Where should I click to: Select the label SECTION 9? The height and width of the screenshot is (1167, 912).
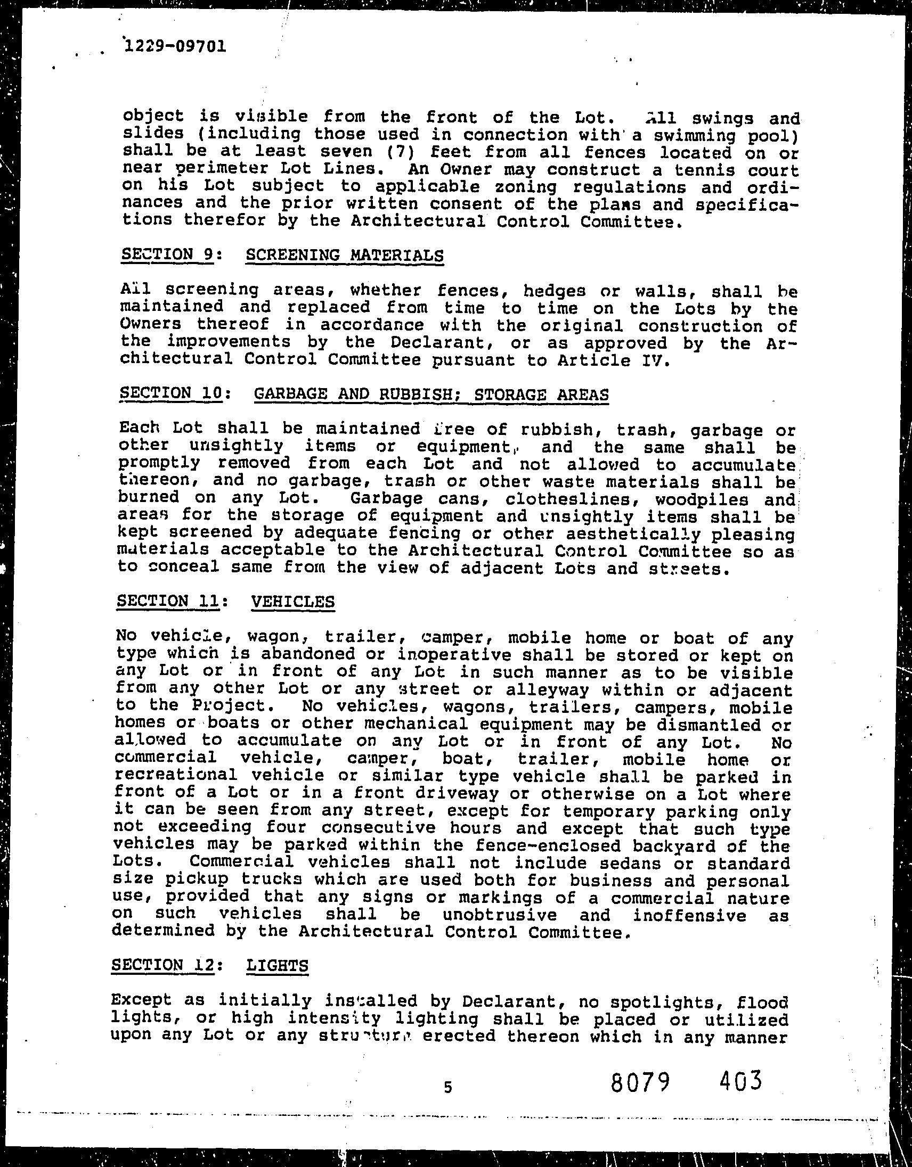pyautogui.click(x=167, y=254)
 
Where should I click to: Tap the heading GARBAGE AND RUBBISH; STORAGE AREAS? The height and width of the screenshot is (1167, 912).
pyautogui.click(x=431, y=395)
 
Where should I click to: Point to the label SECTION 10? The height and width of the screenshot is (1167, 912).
pyautogui.click(x=170, y=393)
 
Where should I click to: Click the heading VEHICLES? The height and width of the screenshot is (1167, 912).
pyautogui.click(x=292, y=602)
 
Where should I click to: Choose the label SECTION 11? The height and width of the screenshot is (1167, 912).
pyautogui.click(x=167, y=601)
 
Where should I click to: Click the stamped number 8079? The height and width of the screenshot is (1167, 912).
pyautogui.click(x=640, y=1082)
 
